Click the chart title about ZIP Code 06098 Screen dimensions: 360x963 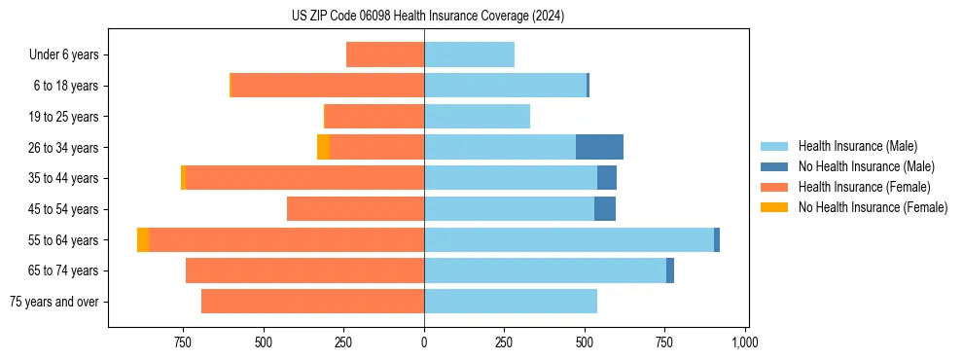[x=427, y=16]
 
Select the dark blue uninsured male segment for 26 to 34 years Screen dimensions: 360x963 [x=599, y=147]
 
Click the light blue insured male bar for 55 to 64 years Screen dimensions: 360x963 [x=568, y=239]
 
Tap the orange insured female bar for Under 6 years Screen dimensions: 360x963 [x=385, y=54]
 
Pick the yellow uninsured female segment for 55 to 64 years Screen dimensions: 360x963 [x=143, y=239]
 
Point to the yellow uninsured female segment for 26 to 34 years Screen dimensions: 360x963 [x=323, y=147]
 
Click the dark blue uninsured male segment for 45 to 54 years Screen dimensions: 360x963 [x=605, y=209]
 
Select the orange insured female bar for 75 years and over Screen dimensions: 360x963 [x=312, y=302]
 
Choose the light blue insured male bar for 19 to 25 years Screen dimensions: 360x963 [x=477, y=117]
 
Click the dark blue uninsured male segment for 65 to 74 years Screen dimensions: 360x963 [x=670, y=270]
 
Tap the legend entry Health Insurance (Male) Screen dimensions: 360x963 [x=857, y=146]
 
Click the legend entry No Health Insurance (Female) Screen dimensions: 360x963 [x=873, y=207]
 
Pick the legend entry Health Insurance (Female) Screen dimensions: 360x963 [x=864, y=187]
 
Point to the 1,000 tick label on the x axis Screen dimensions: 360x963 [x=745, y=342]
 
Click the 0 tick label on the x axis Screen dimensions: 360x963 [x=424, y=342]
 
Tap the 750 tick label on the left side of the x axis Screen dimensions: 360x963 [x=182, y=342]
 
